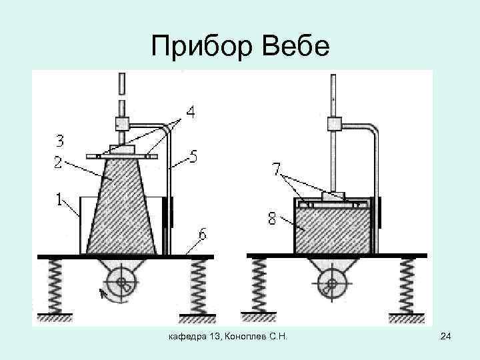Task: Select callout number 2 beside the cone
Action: coord(59,161)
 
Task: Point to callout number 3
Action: coord(60,141)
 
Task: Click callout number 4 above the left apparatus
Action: coord(190,114)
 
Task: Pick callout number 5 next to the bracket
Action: coord(193,157)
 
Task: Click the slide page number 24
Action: coord(447,341)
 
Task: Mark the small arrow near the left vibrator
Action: coord(103,293)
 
